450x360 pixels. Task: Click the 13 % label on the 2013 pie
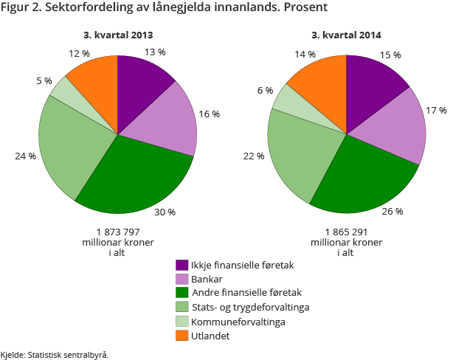pyautogui.click(x=155, y=52)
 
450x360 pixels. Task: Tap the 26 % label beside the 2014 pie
pyautogui.click(x=392, y=212)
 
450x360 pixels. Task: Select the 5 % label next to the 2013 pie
pyautogui.click(x=44, y=80)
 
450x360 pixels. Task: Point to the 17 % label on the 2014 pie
pyautogui.click(x=437, y=111)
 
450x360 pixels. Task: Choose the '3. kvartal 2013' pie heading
pyautogui.click(x=118, y=35)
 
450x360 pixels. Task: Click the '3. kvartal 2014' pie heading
pyautogui.click(x=346, y=35)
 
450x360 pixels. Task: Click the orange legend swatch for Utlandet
pyautogui.click(x=181, y=336)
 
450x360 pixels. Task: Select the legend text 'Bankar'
pyautogui.click(x=207, y=280)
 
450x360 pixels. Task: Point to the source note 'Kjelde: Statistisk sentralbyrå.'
pyautogui.click(x=55, y=354)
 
